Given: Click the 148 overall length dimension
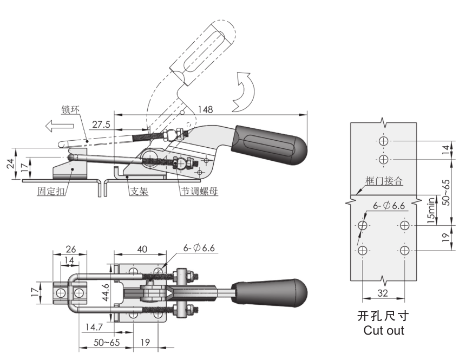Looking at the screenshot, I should pyautogui.click(x=205, y=109).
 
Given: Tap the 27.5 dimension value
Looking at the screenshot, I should pyautogui.click(x=101, y=125).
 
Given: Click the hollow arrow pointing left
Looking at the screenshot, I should pyautogui.click(x=59, y=127).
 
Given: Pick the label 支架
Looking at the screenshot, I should pyautogui.click(x=140, y=191).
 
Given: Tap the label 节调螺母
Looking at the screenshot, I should pyautogui.click(x=200, y=191).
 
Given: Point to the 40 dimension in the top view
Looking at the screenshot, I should pyautogui.click(x=142, y=249).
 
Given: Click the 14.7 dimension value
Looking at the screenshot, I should pyautogui.click(x=94, y=326).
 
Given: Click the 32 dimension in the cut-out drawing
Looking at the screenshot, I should pyautogui.click(x=383, y=294).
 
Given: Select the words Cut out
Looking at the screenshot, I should pyautogui.click(x=384, y=331).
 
